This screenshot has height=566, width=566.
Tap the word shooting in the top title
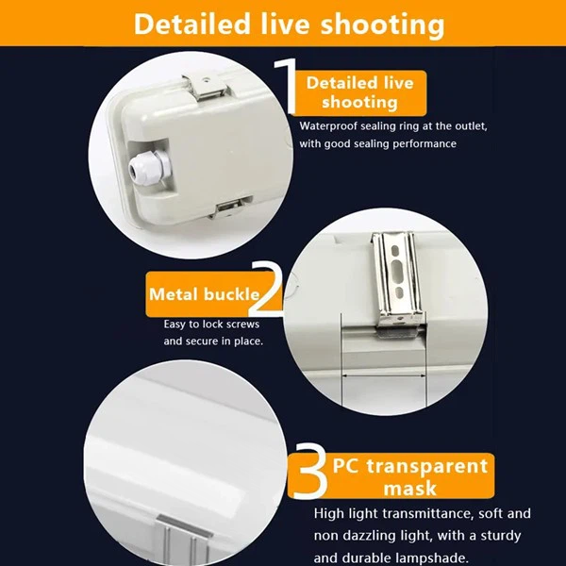(377, 23)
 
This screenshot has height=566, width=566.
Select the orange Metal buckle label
(204, 295)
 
